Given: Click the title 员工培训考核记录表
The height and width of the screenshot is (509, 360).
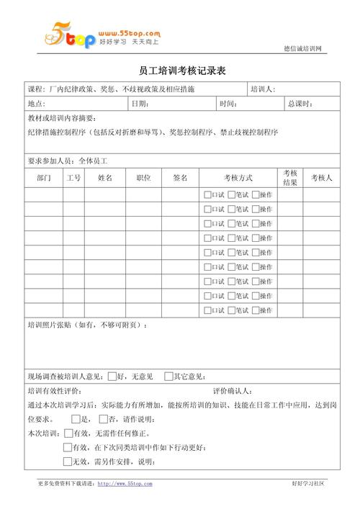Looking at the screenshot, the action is point(182,71).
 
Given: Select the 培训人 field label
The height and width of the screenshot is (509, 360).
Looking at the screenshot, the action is point(263,90).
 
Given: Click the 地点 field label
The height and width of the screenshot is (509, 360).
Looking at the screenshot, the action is point(37,104).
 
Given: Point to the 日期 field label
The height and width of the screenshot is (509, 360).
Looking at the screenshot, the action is point(140,104).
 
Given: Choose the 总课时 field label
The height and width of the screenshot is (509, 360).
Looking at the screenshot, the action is point(300,104).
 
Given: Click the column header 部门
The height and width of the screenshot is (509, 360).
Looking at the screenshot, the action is point(43,178).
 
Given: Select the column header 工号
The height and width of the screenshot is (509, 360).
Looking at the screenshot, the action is point(73,178).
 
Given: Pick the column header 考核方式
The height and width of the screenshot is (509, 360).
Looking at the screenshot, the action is point(238,178).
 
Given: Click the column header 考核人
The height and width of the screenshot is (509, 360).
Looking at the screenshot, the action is point(321,178).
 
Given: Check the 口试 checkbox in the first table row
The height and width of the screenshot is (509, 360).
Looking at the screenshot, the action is point(207,194).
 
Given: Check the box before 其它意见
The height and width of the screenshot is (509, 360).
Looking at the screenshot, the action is point(168,375).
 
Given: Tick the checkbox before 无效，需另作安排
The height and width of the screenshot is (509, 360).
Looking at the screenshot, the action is point(68,461).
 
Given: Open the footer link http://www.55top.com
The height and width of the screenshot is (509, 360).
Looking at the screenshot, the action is point(125,484).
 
